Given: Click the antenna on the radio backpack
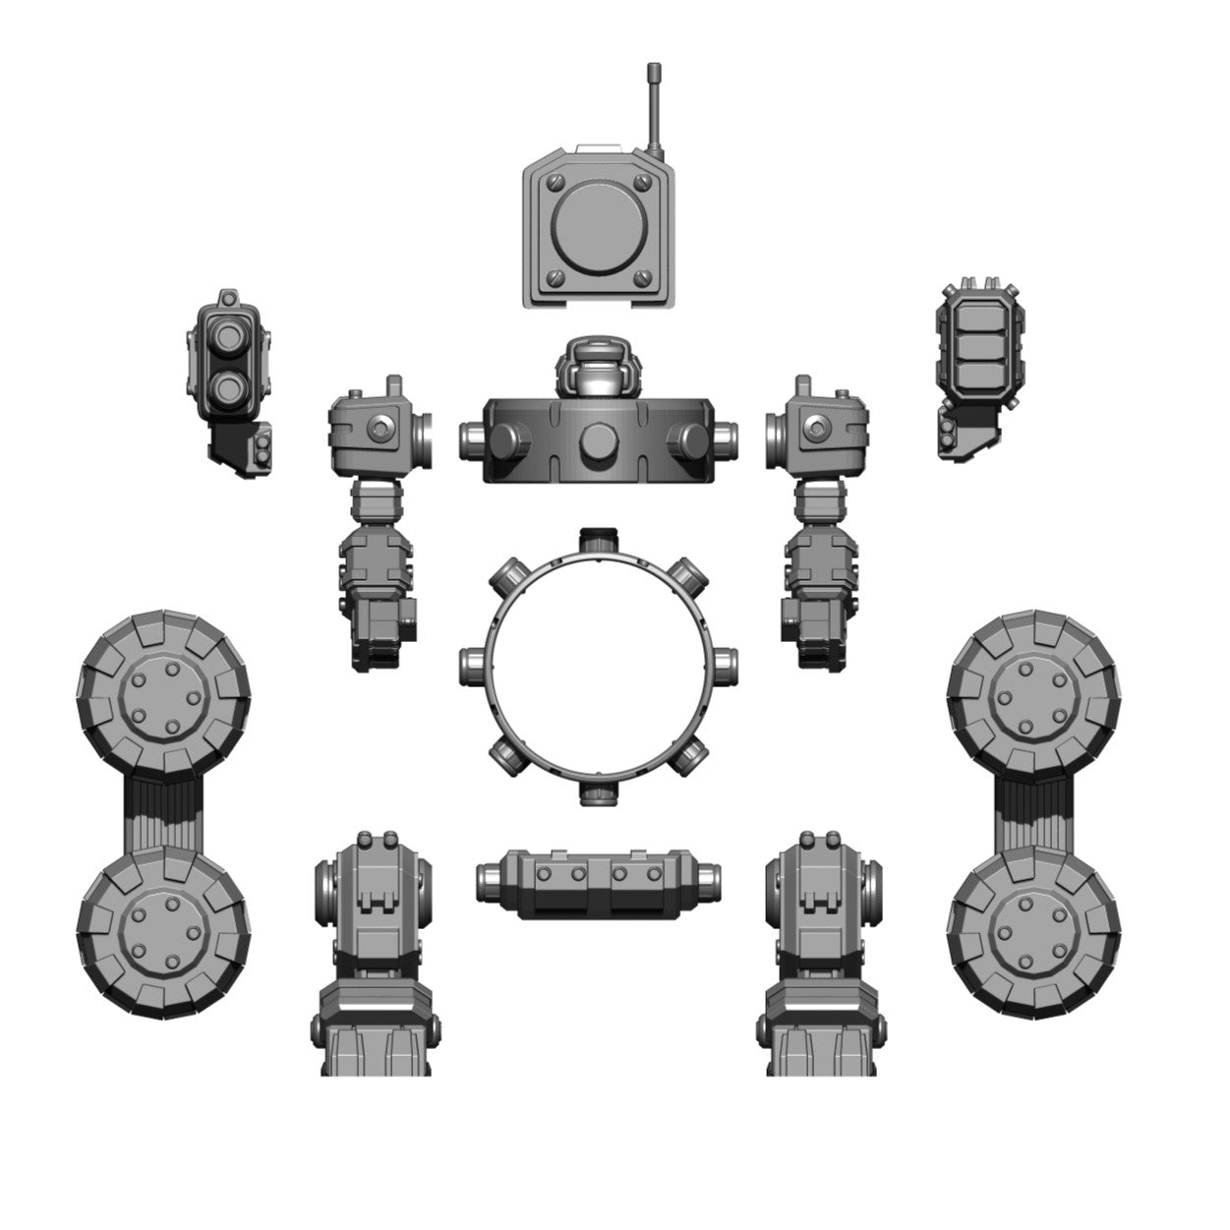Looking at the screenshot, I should [653, 108].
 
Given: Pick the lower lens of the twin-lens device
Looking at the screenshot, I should [228, 385].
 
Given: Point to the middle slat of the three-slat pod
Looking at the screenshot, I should [977, 345].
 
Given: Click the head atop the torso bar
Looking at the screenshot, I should [597, 369].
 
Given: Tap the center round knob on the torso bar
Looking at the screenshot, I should [597, 442].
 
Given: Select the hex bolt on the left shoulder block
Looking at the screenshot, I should [381, 428].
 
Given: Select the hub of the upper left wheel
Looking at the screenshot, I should [163, 695].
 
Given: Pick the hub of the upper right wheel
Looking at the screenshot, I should [1034, 695].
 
